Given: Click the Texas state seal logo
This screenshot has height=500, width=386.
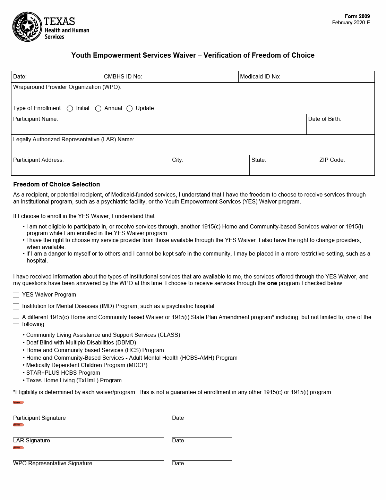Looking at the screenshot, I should click(x=27, y=27).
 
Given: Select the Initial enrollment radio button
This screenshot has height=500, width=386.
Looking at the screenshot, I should click(x=70, y=109).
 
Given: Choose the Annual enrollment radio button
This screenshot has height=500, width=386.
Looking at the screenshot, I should click(x=98, y=109).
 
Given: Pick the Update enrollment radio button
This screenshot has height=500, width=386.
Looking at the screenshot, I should click(x=130, y=109).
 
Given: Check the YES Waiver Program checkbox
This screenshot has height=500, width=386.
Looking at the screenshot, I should click(x=16, y=295).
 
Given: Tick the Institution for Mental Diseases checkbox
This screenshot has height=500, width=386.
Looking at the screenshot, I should click(x=16, y=306).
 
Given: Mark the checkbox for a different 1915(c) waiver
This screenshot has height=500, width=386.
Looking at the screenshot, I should click(x=16, y=321).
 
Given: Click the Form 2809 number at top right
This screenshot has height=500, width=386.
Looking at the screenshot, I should click(x=357, y=16).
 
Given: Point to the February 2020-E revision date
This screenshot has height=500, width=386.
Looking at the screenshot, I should click(x=351, y=23).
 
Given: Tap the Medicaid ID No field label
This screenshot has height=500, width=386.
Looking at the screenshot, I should click(x=260, y=77).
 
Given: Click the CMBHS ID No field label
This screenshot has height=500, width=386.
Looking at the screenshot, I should click(x=123, y=77).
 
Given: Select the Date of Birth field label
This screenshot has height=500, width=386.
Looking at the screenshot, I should click(x=324, y=119).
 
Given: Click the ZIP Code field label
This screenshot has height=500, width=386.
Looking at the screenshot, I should click(x=332, y=160).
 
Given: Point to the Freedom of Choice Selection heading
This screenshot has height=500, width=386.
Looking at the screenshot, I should click(x=57, y=184).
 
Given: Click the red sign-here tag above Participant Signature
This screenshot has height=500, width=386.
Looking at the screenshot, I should click(x=19, y=402).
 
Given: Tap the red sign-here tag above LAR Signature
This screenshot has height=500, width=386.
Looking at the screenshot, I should click(x=19, y=425).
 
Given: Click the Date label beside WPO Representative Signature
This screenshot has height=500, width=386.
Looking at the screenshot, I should click(x=178, y=464).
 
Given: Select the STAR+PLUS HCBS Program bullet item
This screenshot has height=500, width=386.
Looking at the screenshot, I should click(x=63, y=373).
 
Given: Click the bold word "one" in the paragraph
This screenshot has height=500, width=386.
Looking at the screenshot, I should click(x=272, y=283).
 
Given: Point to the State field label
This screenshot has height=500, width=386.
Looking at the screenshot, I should click(x=259, y=160).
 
